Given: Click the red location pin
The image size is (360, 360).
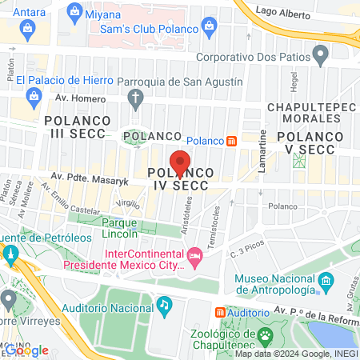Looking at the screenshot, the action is point(181,162).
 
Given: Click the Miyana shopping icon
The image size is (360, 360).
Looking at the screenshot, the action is point(75,11).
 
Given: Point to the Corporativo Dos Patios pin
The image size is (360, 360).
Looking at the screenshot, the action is point(321,56).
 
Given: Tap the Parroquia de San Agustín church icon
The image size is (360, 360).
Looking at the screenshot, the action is point(135,99).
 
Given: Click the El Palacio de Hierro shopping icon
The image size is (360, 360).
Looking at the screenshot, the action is point(34,98).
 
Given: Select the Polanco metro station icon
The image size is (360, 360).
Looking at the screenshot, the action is point(231,141).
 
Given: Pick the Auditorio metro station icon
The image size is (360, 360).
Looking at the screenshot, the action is point(220,311).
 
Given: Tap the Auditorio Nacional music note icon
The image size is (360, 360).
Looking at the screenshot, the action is point(163,304).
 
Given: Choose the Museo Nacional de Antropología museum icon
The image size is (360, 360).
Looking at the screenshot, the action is point(326,282).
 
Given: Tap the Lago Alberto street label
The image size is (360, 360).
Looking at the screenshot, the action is point(283,12).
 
